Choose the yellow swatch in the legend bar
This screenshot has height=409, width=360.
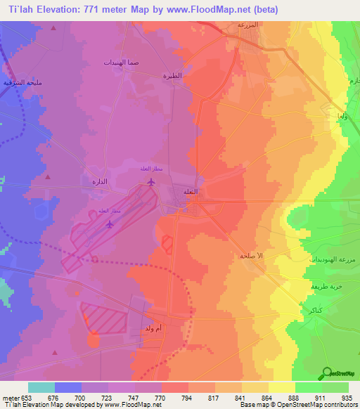tap(282, 387)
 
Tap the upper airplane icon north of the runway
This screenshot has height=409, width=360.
tap(150, 182)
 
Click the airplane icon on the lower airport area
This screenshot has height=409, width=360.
tap(109, 225)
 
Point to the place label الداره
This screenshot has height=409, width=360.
tap(99, 181)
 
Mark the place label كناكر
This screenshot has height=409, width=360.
tap(307, 309)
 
